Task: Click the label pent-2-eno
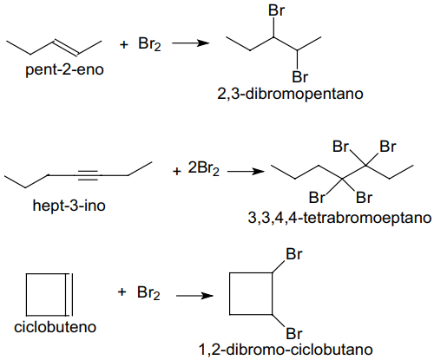tap(64, 70)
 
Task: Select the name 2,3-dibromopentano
tap(290, 94)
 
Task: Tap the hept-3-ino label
tap(69, 206)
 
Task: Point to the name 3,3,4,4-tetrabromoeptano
tap(339, 218)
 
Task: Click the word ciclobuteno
tap(55, 327)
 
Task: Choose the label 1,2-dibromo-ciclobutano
tap(286, 350)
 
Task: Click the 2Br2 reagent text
tap(204, 168)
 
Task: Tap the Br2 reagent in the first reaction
tap(149, 44)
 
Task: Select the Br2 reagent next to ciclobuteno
tap(148, 293)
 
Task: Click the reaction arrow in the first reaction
tap(191, 43)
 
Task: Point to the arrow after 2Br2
tap(246, 172)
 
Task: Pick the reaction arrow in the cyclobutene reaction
tap(194, 296)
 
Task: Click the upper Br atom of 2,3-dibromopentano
tap(277, 10)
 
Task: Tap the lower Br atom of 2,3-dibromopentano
tap(300, 77)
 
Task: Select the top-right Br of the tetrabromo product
tap(387, 147)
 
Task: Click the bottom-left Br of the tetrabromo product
tap(318, 198)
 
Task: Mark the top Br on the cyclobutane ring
tap(294, 254)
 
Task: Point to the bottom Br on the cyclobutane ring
tap(294, 334)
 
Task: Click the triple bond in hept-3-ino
tap(88, 175)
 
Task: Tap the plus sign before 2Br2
tap(176, 172)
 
